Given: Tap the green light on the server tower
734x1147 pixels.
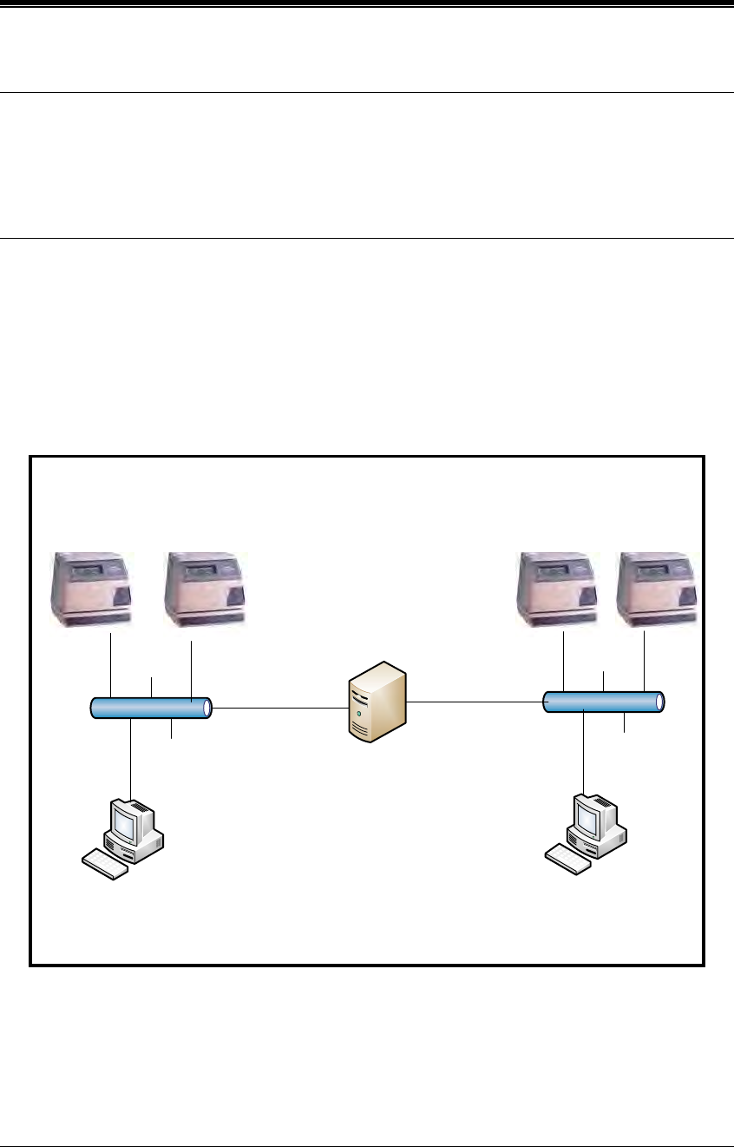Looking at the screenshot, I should pyautogui.click(x=358, y=714).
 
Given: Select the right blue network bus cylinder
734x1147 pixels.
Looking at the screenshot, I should pyautogui.click(x=602, y=701).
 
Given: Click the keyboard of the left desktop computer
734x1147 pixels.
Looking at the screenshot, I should pyautogui.click(x=104, y=865).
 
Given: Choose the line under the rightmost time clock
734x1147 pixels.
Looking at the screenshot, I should pyautogui.click(x=645, y=661).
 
